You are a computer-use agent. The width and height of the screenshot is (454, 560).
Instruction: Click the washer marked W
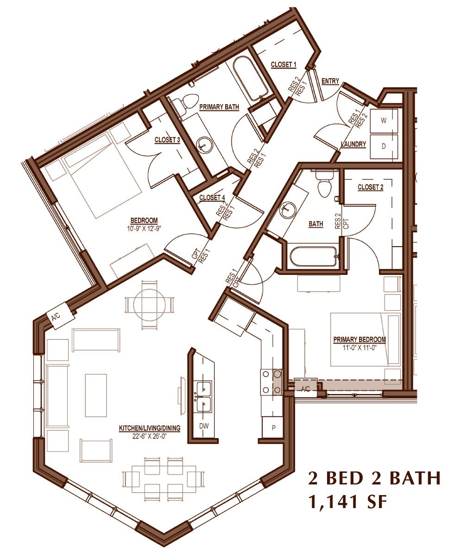click(384, 121)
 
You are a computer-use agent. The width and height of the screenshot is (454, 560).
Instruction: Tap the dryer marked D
click(384, 146)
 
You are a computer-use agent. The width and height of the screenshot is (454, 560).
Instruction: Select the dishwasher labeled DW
click(204, 426)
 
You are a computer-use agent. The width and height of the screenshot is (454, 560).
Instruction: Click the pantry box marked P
click(273, 428)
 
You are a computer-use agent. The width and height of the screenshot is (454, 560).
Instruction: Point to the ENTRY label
click(330, 81)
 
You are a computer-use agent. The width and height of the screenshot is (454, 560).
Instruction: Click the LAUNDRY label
click(353, 144)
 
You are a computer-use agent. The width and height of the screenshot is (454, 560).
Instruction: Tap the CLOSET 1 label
click(284, 64)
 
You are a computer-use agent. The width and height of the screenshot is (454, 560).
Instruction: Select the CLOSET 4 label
click(212, 197)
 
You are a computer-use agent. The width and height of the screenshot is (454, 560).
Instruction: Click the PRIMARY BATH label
click(219, 107)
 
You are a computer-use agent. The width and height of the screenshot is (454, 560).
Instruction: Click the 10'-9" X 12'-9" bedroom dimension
click(144, 228)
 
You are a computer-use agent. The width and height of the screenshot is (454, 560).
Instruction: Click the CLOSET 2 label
click(371, 187)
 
